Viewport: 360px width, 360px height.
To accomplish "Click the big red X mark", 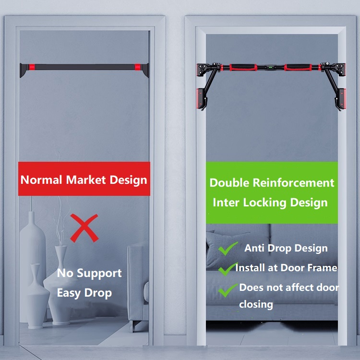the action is (84, 228).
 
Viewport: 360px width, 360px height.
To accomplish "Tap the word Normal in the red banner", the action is (41, 180).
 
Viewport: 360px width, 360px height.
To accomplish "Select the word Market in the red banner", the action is (86, 180).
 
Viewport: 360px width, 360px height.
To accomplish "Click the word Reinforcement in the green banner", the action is (293, 183).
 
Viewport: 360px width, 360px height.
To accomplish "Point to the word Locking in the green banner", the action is (264, 203).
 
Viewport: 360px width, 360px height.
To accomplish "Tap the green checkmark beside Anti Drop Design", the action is (228, 249).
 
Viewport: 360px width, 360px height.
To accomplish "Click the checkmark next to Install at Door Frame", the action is (228, 269).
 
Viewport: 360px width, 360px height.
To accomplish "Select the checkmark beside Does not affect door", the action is (228, 290).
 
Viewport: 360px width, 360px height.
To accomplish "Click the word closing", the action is (256, 305).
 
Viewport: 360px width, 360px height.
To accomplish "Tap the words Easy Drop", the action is (84, 293).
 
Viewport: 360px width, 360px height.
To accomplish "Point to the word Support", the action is (99, 274).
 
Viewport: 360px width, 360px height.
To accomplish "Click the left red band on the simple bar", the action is (32, 67).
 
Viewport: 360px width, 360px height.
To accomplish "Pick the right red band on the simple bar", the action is (137, 67).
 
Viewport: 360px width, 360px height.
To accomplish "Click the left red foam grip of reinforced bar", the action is (243, 67).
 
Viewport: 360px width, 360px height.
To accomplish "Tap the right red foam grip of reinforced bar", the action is (298, 67).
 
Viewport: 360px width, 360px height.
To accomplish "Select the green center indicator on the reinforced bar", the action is (271, 68).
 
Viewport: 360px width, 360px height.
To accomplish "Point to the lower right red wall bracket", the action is (342, 98).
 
